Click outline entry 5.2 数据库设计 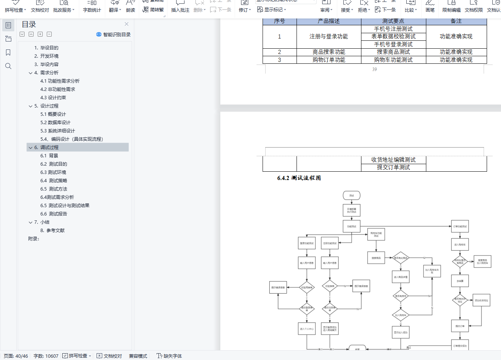point(55,123)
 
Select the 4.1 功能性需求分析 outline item point(60,81)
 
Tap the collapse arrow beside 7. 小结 point(31,222)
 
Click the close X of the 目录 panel point(126,24)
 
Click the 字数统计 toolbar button point(92,7)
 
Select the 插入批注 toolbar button point(180,7)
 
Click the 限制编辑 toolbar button point(451,7)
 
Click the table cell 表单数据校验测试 point(393,37)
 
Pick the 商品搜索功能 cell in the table point(329,52)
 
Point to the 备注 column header point(456,21)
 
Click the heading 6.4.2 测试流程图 point(299,178)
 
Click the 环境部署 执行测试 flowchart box point(352,210)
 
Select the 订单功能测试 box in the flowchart point(460,226)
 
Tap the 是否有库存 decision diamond point(401,296)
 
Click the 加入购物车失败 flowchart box point(432,271)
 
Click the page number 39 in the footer point(374,69)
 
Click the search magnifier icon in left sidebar point(8,66)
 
